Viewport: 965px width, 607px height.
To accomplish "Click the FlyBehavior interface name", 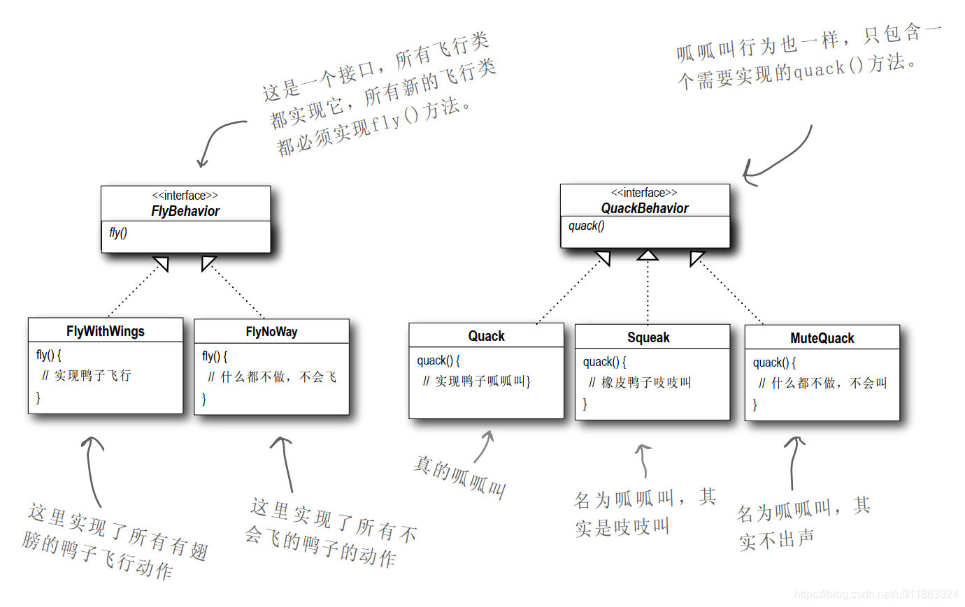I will tap(185, 211).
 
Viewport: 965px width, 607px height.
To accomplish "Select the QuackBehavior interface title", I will tap(644, 208).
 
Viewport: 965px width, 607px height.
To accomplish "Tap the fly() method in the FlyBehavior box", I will tap(118, 233).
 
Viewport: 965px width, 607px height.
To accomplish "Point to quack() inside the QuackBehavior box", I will tap(586, 226).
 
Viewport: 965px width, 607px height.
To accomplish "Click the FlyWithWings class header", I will tap(106, 331).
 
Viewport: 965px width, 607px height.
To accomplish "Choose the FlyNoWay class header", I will tap(271, 332).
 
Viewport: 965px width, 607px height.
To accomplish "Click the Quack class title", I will tap(486, 336).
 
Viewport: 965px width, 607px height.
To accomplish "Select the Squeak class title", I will tap(648, 337).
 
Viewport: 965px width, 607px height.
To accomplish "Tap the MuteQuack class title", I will tap(822, 338).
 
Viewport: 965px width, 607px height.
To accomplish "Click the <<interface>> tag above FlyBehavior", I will tap(185, 196).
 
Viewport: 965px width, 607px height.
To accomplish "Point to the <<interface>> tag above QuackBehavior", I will tap(644, 193).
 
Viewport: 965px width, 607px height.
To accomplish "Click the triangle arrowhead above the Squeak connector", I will tap(648, 255).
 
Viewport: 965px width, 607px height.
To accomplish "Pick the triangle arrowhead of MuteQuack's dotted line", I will tap(696, 258).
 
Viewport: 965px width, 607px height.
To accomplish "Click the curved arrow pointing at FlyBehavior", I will tap(217, 140).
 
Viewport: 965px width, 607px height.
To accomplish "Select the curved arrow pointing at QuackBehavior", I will tap(776, 161).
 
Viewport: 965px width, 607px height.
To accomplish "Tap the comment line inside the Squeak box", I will tap(640, 382).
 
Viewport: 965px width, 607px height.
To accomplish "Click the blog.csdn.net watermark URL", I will tap(876, 594).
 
